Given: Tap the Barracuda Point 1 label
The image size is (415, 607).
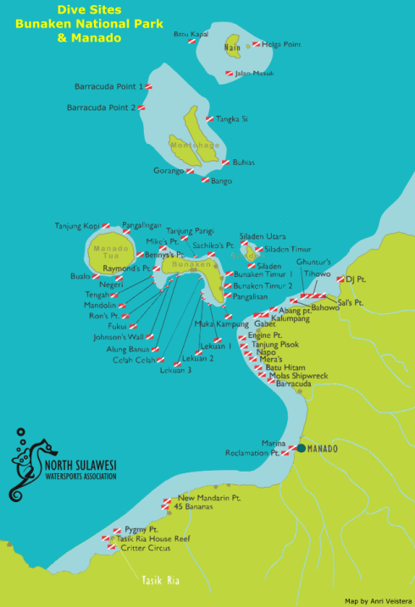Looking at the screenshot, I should pos(108,86).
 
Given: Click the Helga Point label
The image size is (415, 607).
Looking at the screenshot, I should pos(281,44).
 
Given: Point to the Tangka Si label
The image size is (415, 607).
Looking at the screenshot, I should pos(231,119).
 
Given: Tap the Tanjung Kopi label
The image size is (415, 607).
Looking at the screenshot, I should pos(77,225).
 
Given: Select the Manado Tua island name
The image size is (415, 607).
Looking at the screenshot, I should pos(110,252).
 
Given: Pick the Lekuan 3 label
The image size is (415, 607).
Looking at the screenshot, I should pos(175,370).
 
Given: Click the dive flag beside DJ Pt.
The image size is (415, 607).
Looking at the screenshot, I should pos(340,279).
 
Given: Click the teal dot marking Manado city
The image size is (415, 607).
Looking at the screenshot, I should pos(300,448).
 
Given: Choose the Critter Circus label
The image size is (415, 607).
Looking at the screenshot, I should pos(146,548).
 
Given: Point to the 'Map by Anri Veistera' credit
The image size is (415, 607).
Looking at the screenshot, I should pos(378,600).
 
